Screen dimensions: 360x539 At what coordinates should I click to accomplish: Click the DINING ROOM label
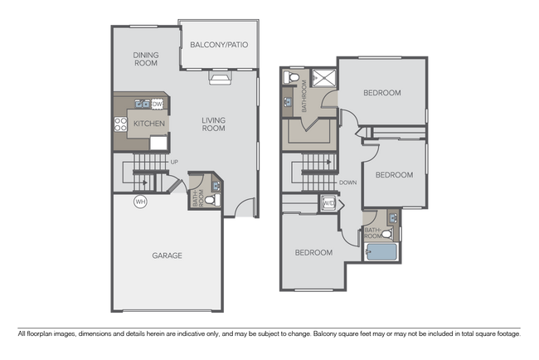[x=146, y=58]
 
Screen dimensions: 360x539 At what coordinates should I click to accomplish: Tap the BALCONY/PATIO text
[x=219, y=45]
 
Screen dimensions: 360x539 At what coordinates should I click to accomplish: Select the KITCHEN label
[x=149, y=124]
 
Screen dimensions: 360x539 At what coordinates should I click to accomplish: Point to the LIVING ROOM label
[x=213, y=124]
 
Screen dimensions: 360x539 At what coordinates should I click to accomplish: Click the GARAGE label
[x=167, y=255]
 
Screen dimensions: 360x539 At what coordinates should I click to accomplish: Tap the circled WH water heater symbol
[x=140, y=201]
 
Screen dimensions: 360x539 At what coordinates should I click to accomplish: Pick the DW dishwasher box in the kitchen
[x=157, y=104]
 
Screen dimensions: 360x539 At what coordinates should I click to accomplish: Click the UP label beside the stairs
[x=174, y=161]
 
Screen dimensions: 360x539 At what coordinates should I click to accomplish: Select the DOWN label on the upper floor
[x=348, y=182]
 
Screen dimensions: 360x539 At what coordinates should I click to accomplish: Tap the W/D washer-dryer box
[x=328, y=203]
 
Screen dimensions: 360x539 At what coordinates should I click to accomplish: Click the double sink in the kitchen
[x=140, y=105]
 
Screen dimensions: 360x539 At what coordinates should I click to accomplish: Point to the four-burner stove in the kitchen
[x=120, y=125]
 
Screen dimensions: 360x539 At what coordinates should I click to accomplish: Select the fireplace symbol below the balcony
[x=220, y=79]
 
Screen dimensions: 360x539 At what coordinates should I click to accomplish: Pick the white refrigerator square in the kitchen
[x=158, y=142]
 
